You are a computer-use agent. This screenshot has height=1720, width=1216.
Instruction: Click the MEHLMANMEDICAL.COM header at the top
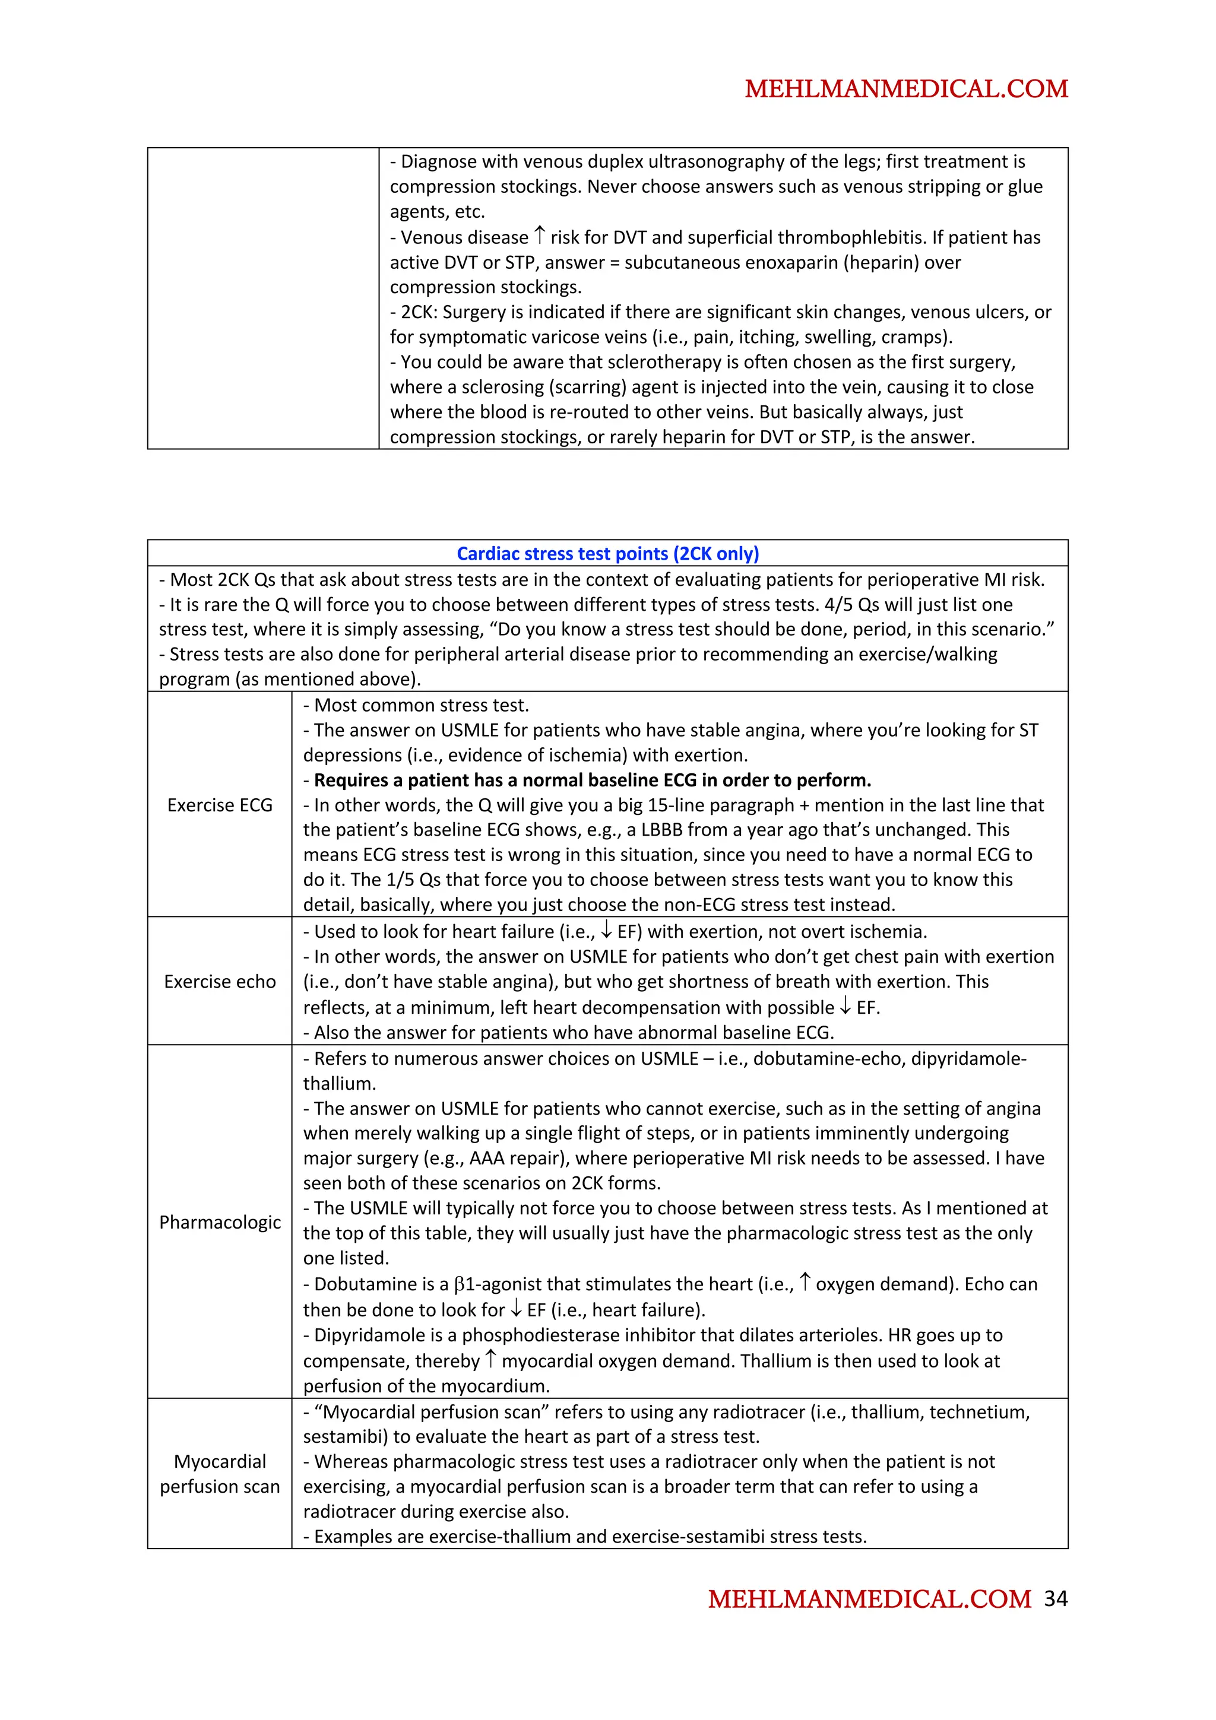906,89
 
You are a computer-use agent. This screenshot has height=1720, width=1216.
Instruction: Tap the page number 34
1056,1599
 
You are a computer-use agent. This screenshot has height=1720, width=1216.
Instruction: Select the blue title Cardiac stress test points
607,554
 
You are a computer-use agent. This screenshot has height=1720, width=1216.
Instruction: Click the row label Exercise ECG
220,805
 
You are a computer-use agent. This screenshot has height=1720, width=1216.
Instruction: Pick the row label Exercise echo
220,981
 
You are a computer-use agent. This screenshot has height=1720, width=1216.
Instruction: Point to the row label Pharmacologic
220,1222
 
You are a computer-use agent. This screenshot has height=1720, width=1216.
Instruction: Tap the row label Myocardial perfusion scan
220,1474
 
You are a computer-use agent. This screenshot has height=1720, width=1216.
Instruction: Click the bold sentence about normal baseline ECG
592,780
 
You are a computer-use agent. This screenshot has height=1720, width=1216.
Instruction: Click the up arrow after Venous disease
540,237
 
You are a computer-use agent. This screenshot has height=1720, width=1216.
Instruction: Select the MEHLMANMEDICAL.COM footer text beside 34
869,1600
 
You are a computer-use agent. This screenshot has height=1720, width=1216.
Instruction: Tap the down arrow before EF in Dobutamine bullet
516,1309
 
